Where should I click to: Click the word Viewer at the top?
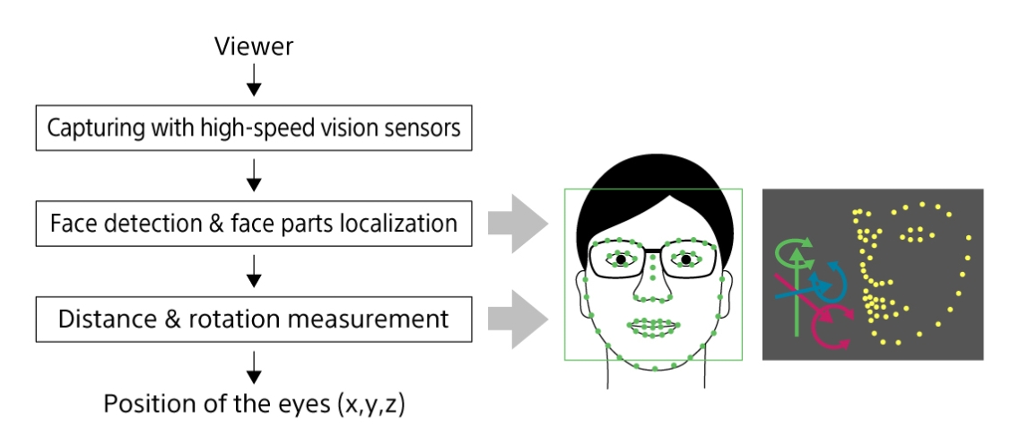254,47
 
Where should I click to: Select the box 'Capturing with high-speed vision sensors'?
253,128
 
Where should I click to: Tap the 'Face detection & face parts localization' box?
253,223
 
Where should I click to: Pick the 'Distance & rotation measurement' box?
253,318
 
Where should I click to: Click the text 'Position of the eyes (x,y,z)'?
254,403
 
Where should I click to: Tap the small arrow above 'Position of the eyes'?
254,365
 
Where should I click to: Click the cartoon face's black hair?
652,193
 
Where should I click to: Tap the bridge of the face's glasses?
653,252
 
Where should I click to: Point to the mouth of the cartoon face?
653,328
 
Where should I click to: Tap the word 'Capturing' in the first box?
89,128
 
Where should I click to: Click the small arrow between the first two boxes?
254,179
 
